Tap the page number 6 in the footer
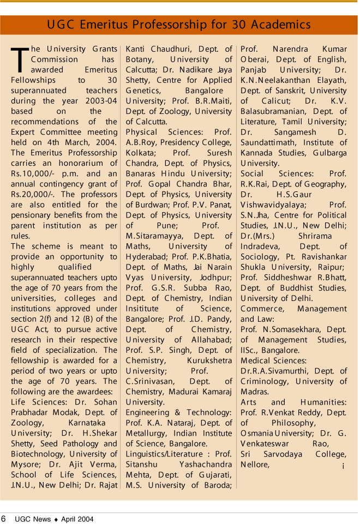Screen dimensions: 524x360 tap(4, 517)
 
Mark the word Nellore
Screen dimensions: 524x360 tap(255, 464)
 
